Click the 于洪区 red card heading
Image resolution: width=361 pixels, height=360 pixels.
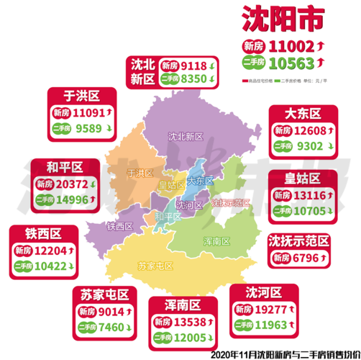81,95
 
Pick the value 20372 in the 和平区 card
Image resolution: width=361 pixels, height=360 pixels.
79,184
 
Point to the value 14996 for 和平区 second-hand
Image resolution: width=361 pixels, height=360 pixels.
79,200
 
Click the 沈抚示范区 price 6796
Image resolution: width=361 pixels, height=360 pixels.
305,257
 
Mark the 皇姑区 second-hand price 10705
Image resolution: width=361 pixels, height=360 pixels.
309,211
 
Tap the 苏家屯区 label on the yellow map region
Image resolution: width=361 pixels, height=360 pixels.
155,266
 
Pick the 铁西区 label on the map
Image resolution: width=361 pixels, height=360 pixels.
121,226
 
